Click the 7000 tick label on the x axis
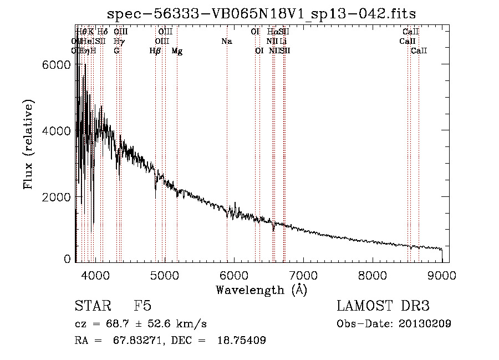pyautogui.click(x=303, y=275)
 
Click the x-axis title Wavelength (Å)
pyautogui.click(x=261, y=290)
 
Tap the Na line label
pyautogui.click(x=226, y=42)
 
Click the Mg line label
pyautogui.click(x=177, y=51)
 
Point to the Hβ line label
pyautogui.click(x=155, y=51)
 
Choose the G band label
pyautogui.click(x=116, y=51)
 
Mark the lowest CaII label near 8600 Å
pyautogui.click(x=419, y=51)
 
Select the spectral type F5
pyautogui.click(x=142, y=307)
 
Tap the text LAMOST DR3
pyautogui.click(x=383, y=307)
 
